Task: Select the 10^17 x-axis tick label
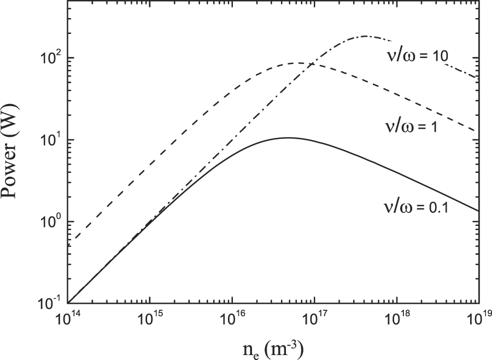(314, 318)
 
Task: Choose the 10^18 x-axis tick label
(396, 318)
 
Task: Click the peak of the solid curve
(288, 138)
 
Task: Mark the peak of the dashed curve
(297, 63)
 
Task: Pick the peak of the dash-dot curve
(365, 36)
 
